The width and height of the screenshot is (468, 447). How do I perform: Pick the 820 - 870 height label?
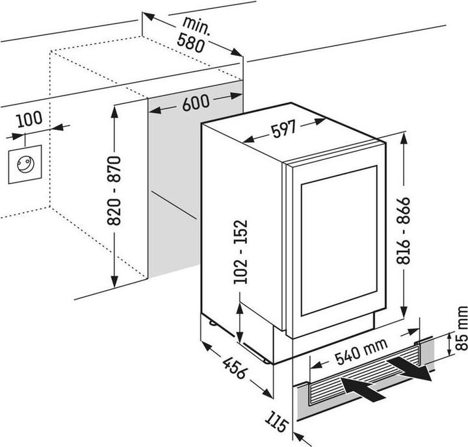coord(116,190)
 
